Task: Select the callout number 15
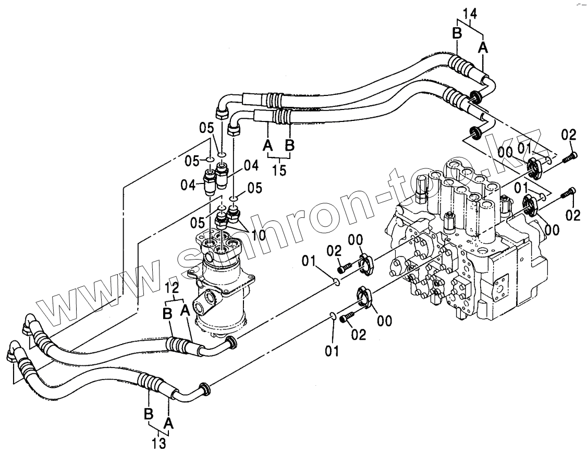tap(279, 169)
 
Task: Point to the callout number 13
tap(160, 444)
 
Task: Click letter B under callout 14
tap(457, 33)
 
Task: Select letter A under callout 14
tap(483, 47)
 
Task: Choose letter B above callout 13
tap(149, 414)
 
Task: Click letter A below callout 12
tap(184, 311)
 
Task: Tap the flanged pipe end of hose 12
tap(231, 343)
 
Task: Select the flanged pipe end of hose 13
tap(204, 388)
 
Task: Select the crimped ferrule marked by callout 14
tap(459, 66)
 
